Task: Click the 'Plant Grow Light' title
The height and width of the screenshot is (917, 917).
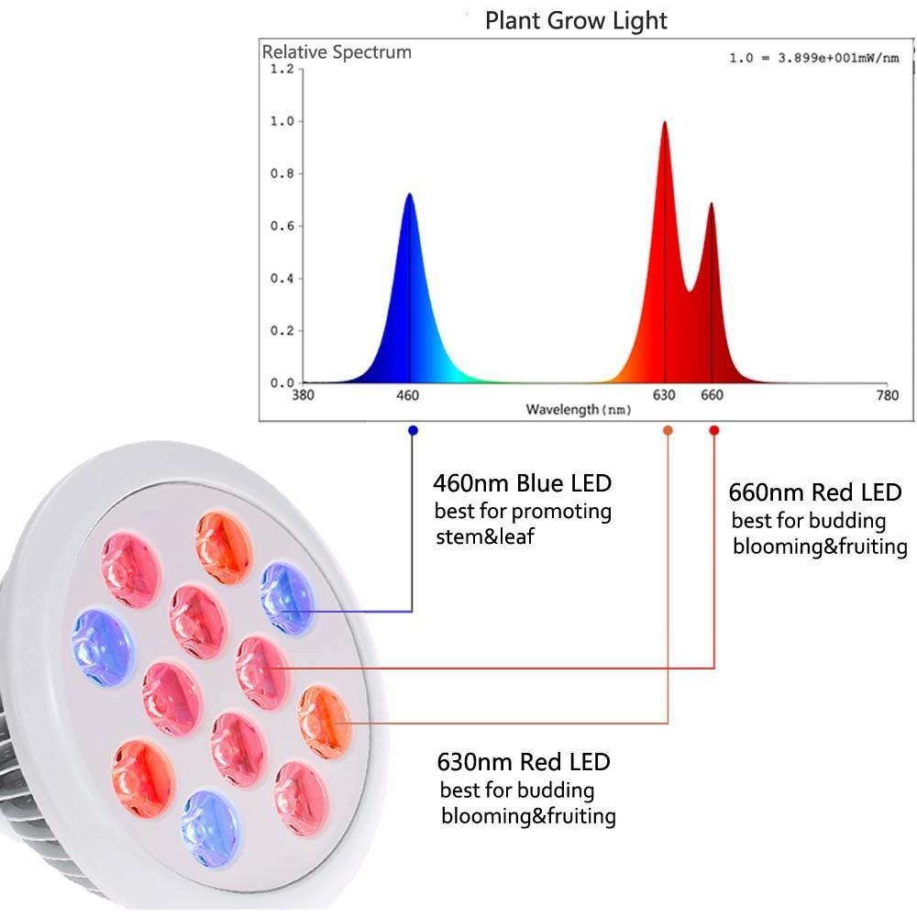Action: pyautogui.click(x=576, y=21)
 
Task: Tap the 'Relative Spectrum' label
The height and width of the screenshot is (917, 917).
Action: pyautogui.click(x=337, y=52)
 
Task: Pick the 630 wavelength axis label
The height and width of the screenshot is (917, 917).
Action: pyautogui.click(x=664, y=395)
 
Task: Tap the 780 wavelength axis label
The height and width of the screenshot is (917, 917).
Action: pyautogui.click(x=887, y=395)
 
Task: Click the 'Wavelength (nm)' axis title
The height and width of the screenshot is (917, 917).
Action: pyautogui.click(x=579, y=409)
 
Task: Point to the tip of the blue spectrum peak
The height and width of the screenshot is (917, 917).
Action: pyautogui.click(x=409, y=193)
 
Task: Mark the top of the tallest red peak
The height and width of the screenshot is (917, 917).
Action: pyautogui.click(x=664, y=122)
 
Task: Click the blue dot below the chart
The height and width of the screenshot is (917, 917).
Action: pyautogui.click(x=413, y=430)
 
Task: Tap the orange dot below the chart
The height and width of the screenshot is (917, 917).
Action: pyautogui.click(x=668, y=430)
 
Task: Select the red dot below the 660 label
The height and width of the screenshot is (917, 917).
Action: pyautogui.click(x=714, y=430)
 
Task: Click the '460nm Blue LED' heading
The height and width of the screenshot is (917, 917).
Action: pyautogui.click(x=523, y=483)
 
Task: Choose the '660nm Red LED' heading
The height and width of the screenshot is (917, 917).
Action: pyautogui.click(x=815, y=492)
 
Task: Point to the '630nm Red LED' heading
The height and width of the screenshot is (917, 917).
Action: pyautogui.click(x=524, y=762)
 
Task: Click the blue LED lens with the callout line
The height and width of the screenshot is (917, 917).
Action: pyautogui.click(x=286, y=598)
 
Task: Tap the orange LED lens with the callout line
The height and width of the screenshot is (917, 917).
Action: pyautogui.click(x=324, y=723)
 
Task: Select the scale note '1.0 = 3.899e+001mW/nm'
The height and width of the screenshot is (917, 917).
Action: pyautogui.click(x=813, y=58)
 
